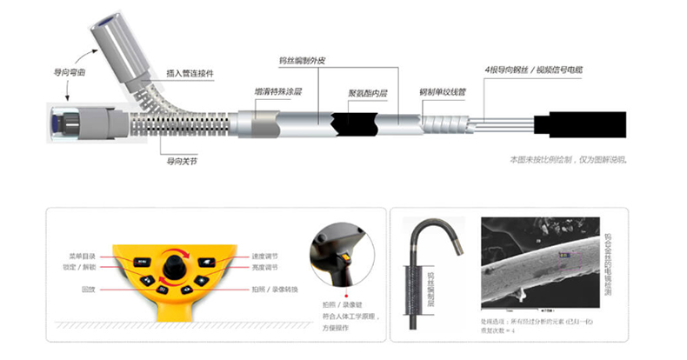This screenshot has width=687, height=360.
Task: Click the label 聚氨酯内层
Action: pos(366,90)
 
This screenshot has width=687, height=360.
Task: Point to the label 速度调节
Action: pos(264,257)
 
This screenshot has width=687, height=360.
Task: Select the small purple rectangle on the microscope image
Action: pos(563,255)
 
